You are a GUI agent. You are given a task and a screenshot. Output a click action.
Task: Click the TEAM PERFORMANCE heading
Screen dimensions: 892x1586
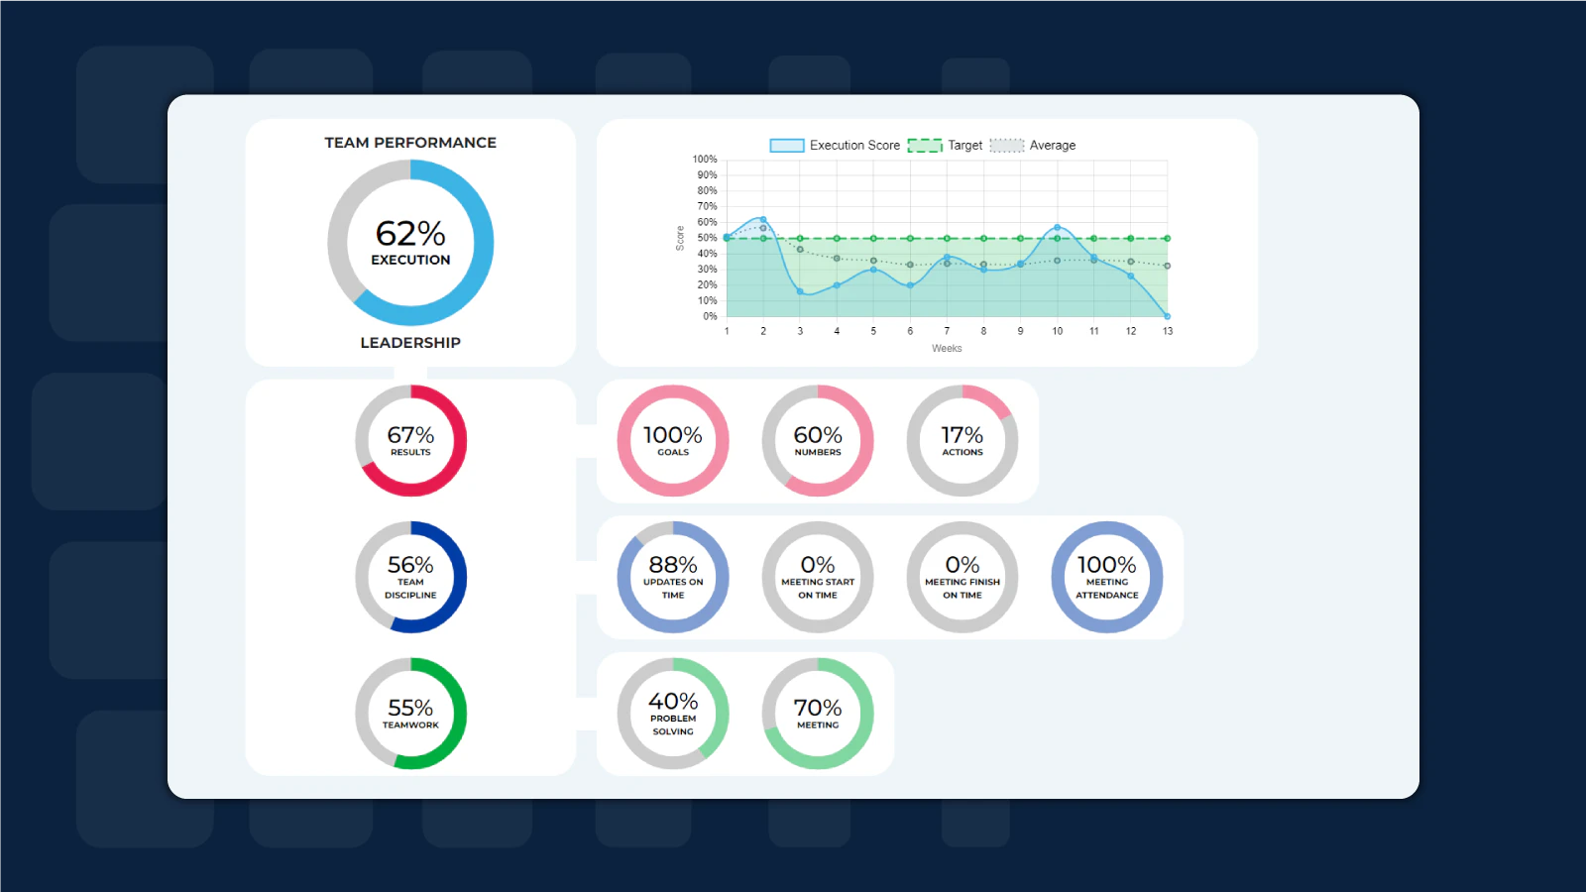(410, 143)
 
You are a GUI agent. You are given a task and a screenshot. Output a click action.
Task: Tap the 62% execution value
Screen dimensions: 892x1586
(410, 234)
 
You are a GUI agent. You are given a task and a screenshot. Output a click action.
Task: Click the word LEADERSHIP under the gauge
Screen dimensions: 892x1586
(410, 343)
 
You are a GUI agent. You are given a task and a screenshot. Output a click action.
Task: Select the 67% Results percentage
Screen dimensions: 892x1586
(410, 435)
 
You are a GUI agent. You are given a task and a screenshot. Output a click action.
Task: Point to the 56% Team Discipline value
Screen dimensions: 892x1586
(410, 565)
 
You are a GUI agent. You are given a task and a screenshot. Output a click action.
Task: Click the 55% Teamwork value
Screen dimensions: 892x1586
(410, 708)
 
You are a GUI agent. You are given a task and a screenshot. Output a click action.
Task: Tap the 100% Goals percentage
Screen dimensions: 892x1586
(673, 435)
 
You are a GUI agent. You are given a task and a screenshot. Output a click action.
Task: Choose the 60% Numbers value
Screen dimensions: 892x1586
(818, 435)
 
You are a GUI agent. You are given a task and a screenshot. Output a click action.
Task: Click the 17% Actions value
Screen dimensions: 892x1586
(963, 435)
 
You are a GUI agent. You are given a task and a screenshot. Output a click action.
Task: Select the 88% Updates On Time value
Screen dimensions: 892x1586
(673, 565)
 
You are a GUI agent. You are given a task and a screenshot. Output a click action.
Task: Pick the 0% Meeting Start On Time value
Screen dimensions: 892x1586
(818, 565)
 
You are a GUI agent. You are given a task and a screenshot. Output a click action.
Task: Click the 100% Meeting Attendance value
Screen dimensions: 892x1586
(1107, 565)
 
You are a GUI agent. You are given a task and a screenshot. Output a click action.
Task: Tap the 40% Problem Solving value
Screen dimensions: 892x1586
(673, 702)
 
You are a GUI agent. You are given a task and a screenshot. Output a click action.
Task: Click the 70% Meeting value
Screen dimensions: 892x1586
(818, 708)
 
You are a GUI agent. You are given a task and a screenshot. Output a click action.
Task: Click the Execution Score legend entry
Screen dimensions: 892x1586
(836, 146)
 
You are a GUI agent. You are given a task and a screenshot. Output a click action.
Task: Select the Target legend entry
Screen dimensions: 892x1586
(946, 146)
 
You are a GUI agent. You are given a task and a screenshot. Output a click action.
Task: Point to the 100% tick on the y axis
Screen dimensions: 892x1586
(705, 160)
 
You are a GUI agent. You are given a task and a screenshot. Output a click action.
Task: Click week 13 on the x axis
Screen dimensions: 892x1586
(1168, 331)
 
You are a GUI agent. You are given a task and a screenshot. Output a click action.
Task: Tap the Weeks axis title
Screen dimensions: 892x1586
(947, 349)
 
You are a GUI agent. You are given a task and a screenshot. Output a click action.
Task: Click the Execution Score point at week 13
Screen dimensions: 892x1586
(1167, 316)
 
